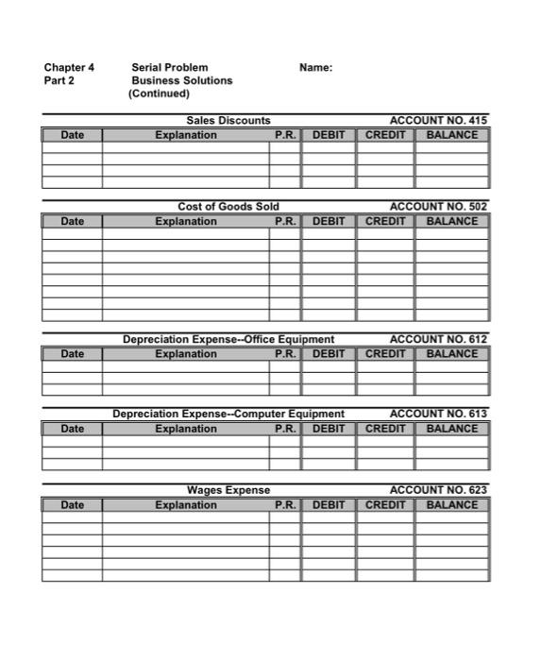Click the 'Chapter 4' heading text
[69, 68]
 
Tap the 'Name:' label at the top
[315, 68]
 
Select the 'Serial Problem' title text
[170, 68]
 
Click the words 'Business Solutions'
[181, 81]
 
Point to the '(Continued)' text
[159, 93]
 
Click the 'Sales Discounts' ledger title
[228, 121]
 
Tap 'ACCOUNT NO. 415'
[439, 121]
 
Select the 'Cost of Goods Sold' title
[228, 207]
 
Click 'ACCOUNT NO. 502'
[439, 207]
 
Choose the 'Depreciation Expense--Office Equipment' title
[228, 339]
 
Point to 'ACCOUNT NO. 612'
[439, 339]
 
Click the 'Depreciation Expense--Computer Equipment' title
[228, 414]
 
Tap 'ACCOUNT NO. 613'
[439, 414]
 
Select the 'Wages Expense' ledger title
[228, 490]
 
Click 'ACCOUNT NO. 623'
[439, 490]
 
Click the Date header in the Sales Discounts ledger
[73, 135]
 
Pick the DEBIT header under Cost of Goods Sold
[329, 221]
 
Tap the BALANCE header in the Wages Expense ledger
[452, 505]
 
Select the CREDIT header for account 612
[385, 354]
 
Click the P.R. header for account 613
[285, 429]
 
